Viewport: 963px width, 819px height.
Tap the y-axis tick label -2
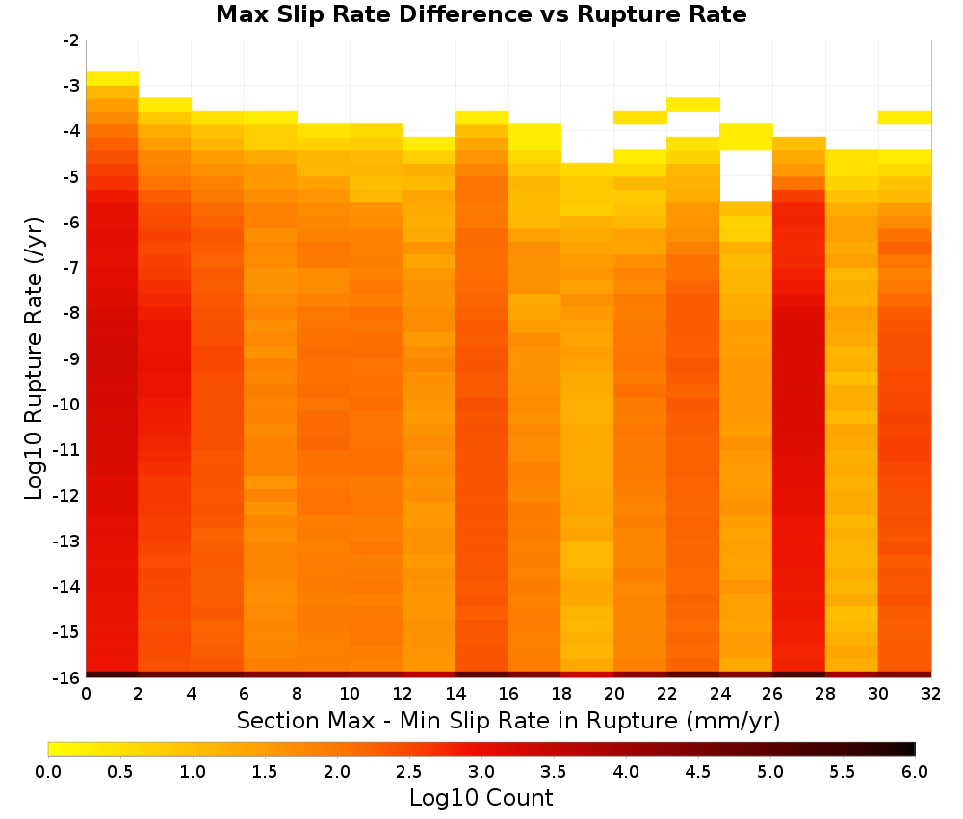click(71, 40)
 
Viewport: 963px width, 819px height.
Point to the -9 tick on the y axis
click(71, 358)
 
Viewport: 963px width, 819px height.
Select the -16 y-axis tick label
click(67, 677)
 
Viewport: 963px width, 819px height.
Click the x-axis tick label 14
click(455, 694)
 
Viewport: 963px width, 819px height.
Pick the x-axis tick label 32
click(930, 694)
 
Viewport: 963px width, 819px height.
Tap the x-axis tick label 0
click(86, 694)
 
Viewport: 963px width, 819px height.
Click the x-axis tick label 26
click(772, 694)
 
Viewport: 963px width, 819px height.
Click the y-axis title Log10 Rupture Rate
click(35, 358)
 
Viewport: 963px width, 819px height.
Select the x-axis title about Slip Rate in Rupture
click(508, 720)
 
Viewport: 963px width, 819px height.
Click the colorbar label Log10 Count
click(481, 798)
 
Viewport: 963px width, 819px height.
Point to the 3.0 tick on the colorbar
click(481, 772)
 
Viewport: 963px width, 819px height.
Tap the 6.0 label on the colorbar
click(915, 772)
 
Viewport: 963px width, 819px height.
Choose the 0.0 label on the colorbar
click(48, 772)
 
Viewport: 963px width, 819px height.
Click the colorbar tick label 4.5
click(697, 772)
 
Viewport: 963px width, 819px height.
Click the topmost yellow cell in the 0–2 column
click(113, 79)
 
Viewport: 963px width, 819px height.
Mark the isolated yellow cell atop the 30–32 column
click(904, 118)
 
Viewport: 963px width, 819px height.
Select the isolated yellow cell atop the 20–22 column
click(640, 118)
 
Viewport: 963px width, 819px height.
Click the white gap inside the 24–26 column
click(746, 175)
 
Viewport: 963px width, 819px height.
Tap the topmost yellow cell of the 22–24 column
click(693, 104)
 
